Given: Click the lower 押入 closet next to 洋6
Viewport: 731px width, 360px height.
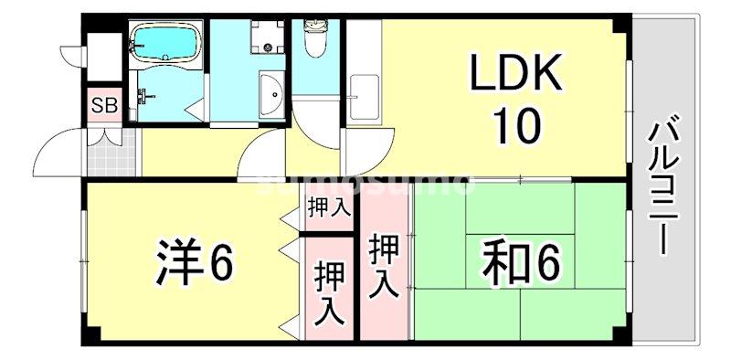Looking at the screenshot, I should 329,292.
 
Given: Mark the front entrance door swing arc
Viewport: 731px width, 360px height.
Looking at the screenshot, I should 64,146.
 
